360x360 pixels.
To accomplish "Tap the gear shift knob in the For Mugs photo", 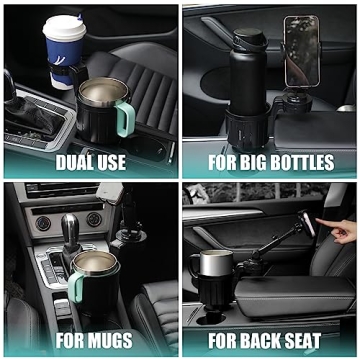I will (71, 226).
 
